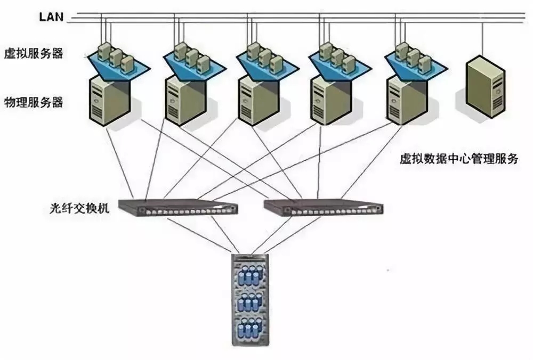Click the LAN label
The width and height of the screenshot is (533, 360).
pyautogui.click(x=51, y=17)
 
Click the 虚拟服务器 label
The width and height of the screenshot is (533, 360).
pyautogui.click(x=33, y=53)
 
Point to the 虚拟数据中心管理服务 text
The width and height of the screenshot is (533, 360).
pyautogui.click(x=458, y=159)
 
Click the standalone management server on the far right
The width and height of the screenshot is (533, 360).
pyautogui.click(x=484, y=88)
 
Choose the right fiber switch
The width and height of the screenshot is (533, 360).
pyautogui.click(x=323, y=207)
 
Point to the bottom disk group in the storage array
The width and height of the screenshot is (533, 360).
pyautogui.click(x=250, y=329)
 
